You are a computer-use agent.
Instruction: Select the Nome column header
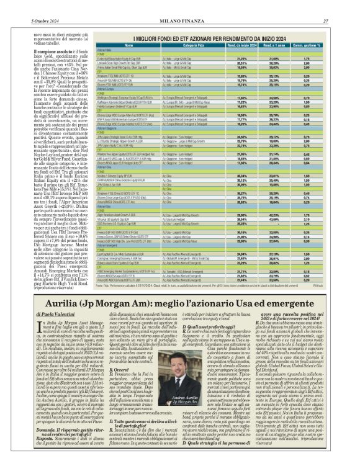(x=128, y=46)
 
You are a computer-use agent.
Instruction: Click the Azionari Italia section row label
(x=99, y=50)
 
